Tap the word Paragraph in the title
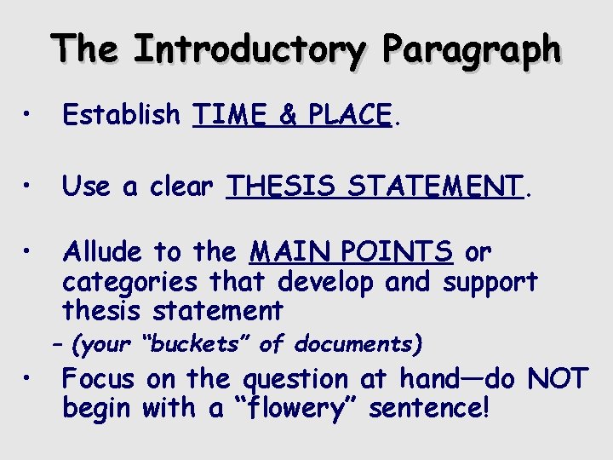click(471, 50)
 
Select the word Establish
click(122, 113)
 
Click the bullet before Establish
click(29, 114)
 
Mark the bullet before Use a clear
click(29, 186)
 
